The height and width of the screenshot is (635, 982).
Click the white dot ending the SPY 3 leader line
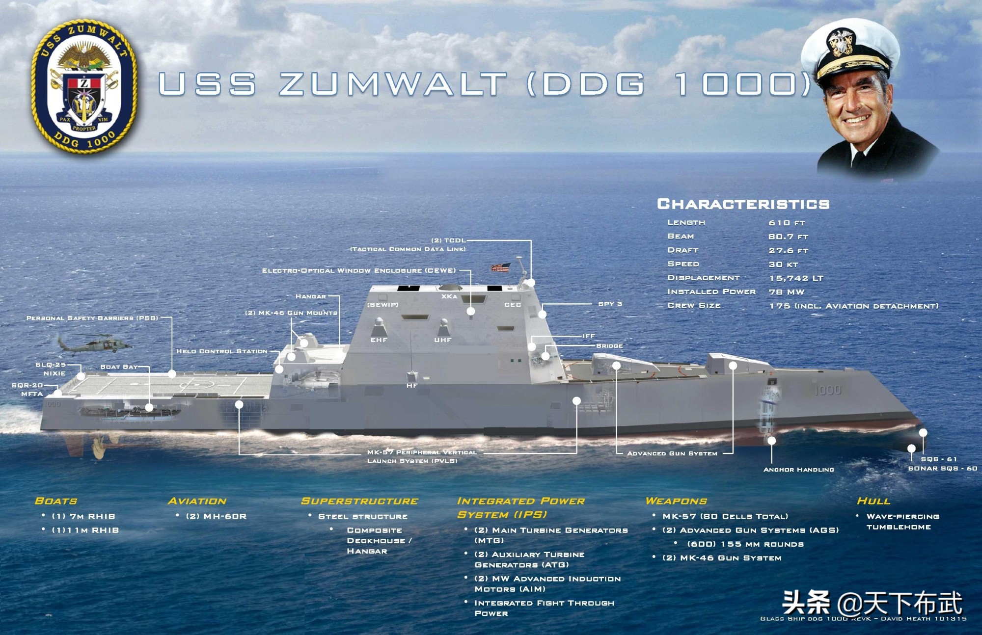tap(543, 314)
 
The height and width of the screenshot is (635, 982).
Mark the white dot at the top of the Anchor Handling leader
tap(771, 440)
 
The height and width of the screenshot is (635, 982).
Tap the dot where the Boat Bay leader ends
tap(149, 407)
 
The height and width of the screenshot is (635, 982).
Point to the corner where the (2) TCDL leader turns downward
tap(531, 240)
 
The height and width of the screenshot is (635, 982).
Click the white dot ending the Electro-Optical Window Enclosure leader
tap(470, 311)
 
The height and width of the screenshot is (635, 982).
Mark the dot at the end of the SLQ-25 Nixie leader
tap(82, 376)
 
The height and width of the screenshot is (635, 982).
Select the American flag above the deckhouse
tap(501, 267)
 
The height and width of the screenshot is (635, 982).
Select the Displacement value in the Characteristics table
tap(796, 278)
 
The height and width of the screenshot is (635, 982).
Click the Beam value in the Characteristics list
tap(788, 237)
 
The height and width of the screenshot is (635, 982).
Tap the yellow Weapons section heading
tap(676, 501)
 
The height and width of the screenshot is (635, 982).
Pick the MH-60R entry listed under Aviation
tap(216, 516)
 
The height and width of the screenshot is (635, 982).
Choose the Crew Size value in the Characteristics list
tap(854, 306)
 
